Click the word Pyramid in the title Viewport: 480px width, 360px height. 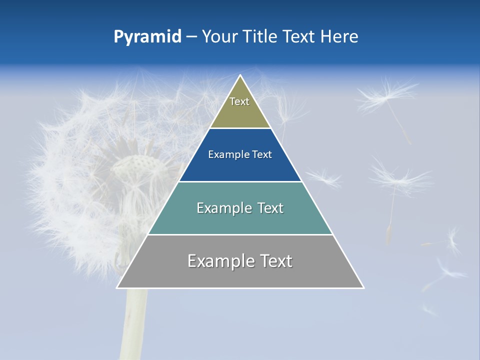(147, 37)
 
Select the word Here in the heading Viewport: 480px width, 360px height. (339, 37)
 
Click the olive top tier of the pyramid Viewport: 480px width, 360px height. (240, 112)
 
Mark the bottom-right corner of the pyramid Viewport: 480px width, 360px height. (363, 287)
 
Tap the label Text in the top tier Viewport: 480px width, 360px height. (239, 101)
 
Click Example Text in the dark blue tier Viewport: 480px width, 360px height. (240, 154)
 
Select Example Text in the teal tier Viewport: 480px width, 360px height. (240, 208)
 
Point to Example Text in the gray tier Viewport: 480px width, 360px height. (240, 261)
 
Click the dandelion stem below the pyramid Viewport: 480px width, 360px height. (134, 320)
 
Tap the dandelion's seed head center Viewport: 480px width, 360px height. (132, 165)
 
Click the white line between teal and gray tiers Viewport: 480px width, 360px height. (240, 234)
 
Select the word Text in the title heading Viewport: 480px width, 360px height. (299, 37)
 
